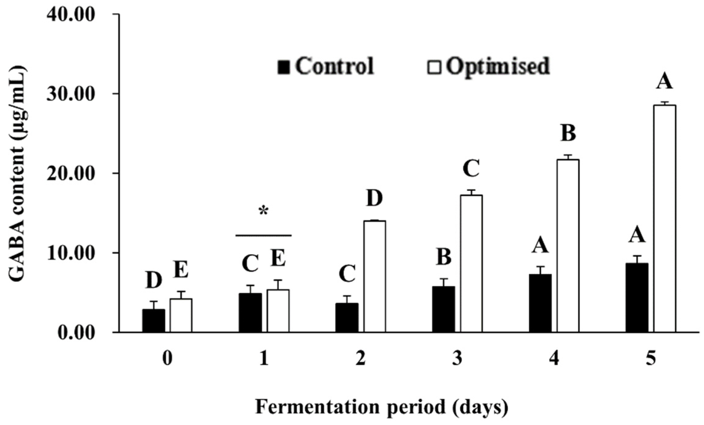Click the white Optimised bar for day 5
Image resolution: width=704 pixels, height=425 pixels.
pyautogui.click(x=664, y=219)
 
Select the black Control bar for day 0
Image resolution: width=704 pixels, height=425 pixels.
pyautogui.click(x=154, y=321)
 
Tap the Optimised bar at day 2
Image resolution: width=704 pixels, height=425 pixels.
pyautogui.click(x=375, y=276)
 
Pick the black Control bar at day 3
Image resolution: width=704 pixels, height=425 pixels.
pyautogui.click(x=444, y=309)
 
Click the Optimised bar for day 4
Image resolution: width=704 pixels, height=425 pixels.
pyautogui.click(x=568, y=246)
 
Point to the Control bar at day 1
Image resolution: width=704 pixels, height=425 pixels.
pyautogui.click(x=250, y=313)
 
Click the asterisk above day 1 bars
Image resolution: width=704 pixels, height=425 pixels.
pyautogui.click(x=264, y=212)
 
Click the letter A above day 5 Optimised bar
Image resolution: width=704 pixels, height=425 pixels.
pyautogui.click(x=664, y=82)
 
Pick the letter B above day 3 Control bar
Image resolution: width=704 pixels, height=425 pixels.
pyautogui.click(x=444, y=257)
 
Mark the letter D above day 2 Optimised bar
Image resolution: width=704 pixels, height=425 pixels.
pyautogui.click(x=374, y=198)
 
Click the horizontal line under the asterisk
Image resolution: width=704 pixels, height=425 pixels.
pyautogui.click(x=264, y=236)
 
